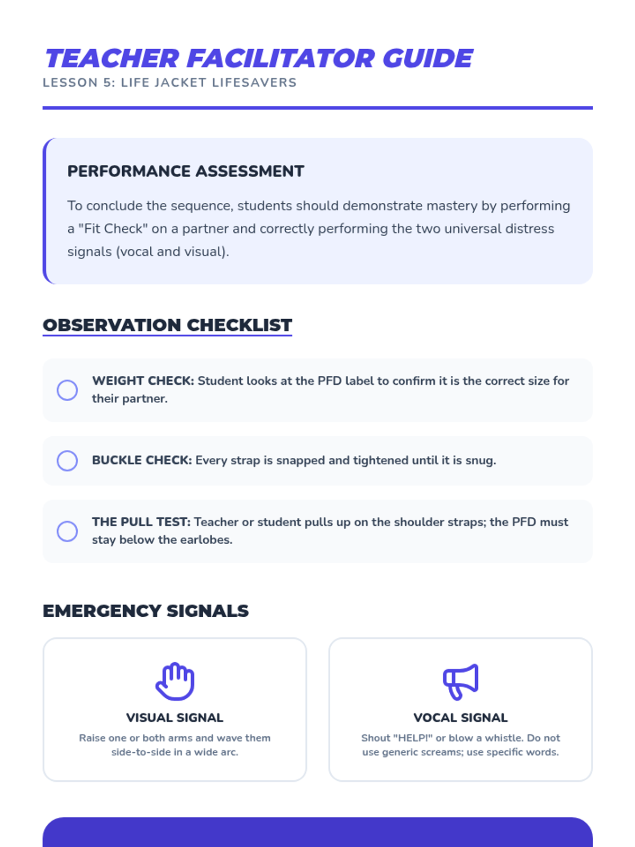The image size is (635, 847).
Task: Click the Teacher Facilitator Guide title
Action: [259, 58]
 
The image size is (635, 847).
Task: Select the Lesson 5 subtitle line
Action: [169, 83]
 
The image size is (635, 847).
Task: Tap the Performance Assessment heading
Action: [186, 171]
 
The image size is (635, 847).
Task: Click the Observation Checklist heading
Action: [167, 325]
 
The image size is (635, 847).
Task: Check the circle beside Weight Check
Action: [67, 390]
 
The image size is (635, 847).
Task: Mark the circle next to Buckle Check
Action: [67, 461]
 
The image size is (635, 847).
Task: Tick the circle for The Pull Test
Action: [67, 531]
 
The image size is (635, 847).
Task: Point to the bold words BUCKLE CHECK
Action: [142, 460]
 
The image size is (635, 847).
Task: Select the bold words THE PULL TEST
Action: [141, 522]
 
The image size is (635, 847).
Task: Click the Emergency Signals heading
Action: [146, 610]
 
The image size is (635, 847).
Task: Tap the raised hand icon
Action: [175, 681]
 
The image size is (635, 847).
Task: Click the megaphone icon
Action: [460, 681]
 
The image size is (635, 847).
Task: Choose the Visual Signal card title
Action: [175, 717]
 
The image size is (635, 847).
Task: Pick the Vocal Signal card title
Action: [460, 717]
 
